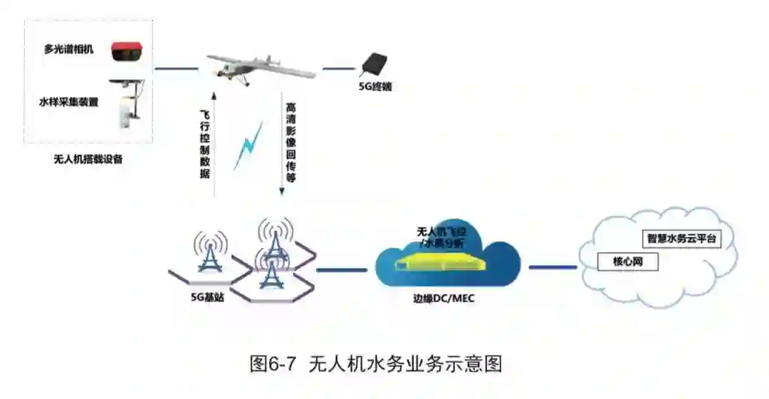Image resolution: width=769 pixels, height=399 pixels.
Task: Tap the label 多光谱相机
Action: pyautogui.click(x=68, y=50)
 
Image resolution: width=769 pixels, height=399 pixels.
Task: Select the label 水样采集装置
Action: pyautogui.click(x=68, y=102)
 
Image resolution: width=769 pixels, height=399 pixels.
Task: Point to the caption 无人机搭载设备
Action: pyautogui.click(x=88, y=159)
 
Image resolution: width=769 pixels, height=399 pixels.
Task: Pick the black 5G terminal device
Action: pyautogui.click(x=375, y=65)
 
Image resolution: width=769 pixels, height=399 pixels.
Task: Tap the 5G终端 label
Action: pyautogui.click(x=375, y=88)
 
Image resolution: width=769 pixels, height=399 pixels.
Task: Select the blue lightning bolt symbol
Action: pyautogui.click(x=249, y=145)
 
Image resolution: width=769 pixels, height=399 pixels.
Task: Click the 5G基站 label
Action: pyautogui.click(x=207, y=297)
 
